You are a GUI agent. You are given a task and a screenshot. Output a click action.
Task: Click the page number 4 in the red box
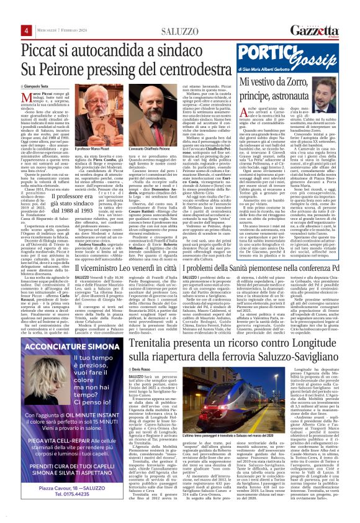[27, 30]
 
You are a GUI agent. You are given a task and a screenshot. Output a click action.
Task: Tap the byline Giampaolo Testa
[37, 85]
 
